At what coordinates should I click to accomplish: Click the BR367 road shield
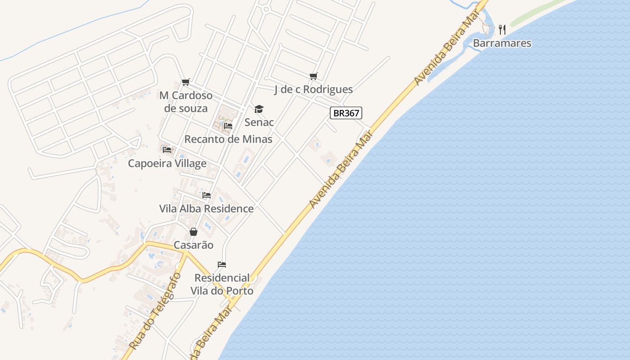coord(346,113)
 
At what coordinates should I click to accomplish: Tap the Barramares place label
coord(502,43)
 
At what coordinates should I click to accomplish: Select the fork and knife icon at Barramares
coord(502,30)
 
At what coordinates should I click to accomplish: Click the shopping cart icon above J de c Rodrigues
coord(314,76)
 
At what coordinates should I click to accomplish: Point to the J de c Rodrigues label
coord(314,90)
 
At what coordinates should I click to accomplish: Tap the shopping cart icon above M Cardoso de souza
coord(186,82)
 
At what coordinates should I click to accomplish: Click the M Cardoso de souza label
coord(186,102)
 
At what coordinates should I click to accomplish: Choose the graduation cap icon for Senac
coord(259,109)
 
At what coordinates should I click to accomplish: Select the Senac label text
coord(259,122)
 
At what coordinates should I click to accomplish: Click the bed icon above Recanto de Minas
coord(228,126)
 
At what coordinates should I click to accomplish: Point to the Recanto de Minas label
coord(228,139)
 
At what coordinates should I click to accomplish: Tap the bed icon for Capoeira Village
coord(167,149)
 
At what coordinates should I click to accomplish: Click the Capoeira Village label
coord(167,163)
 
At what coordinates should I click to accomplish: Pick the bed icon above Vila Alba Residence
coord(207,195)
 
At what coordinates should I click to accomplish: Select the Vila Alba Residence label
coord(207,209)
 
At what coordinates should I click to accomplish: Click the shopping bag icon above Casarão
coord(193,232)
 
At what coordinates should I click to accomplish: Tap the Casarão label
coord(193,245)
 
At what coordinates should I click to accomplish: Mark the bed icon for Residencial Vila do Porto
coord(221,264)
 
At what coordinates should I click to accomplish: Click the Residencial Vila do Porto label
coord(222,284)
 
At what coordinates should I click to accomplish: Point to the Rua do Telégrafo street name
coord(155,311)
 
